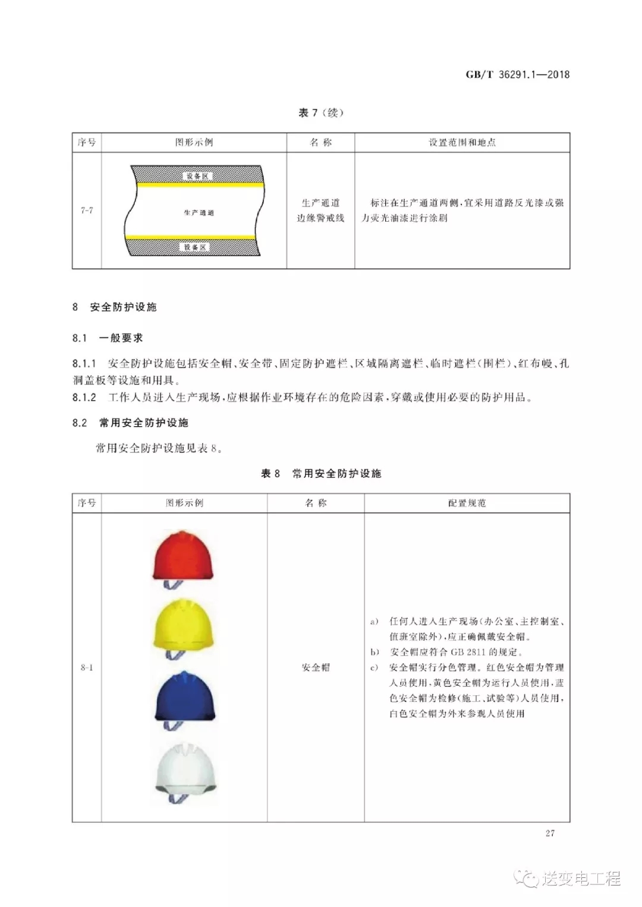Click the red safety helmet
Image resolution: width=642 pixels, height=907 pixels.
tap(183, 556)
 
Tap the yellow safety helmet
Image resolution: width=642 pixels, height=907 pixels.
tap(183, 625)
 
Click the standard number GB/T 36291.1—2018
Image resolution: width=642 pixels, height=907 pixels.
tap(517, 74)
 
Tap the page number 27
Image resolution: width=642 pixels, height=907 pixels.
tap(550, 833)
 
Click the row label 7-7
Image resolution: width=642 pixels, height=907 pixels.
tap(87, 210)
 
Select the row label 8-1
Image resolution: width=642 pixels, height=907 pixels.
tap(87, 667)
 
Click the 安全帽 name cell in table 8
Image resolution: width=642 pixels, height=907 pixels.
tap(316, 667)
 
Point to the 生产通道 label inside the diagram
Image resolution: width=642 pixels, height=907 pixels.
tap(199, 213)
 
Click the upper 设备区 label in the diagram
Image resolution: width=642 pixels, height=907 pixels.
tap(197, 177)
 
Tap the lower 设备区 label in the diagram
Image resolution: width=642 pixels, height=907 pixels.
tap(195, 247)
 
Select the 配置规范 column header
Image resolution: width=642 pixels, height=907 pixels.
tap(467, 503)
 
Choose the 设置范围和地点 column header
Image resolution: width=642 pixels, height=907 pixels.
tap(462, 143)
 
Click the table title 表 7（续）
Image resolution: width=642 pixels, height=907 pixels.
tap(321, 113)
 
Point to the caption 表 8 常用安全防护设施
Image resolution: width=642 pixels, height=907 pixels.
tap(321, 474)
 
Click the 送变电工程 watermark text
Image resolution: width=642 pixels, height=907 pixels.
tap(580, 878)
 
